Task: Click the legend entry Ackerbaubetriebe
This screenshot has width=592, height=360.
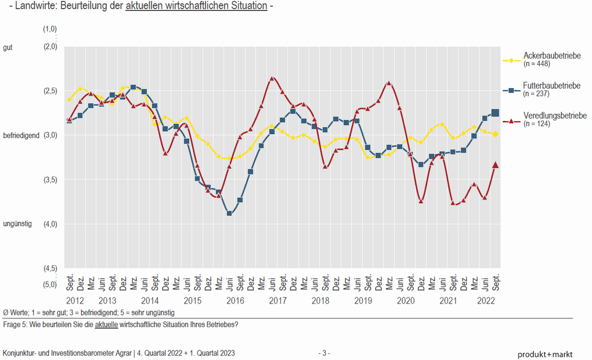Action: pos(552,56)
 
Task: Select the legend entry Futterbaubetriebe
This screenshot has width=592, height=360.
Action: pos(551,86)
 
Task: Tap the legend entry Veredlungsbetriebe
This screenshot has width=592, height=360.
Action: pos(555,116)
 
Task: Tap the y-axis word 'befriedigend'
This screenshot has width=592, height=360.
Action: pos(21,135)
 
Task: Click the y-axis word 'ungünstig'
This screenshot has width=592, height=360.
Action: pos(18,224)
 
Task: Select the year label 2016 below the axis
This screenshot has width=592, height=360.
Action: pos(235,301)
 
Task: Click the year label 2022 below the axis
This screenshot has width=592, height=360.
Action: pos(487,301)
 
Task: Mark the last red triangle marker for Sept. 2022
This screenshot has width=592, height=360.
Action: pos(496,165)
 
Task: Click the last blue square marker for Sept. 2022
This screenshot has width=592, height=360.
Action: pos(496,113)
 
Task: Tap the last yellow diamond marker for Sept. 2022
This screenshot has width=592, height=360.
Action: pos(496,134)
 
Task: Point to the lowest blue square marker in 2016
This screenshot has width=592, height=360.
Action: pos(230,213)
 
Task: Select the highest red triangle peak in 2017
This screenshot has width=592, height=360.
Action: pos(272,79)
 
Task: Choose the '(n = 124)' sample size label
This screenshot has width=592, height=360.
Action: pos(537,124)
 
